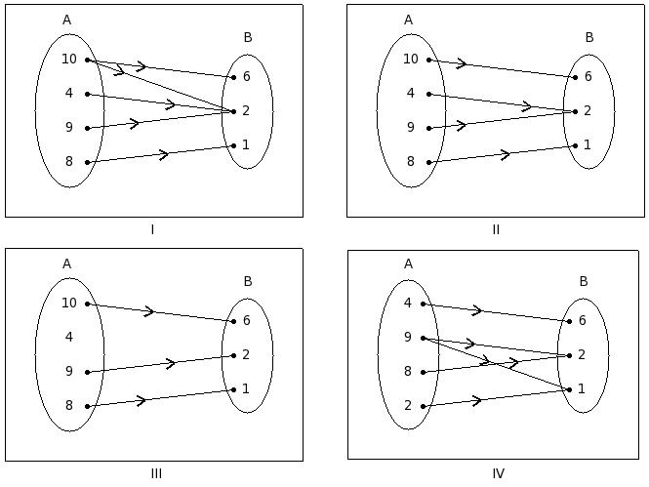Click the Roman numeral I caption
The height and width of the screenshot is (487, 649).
tap(152, 230)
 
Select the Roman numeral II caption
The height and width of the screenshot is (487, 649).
tap(496, 230)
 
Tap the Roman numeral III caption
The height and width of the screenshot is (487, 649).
tap(156, 474)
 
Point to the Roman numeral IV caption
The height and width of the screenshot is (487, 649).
tap(498, 474)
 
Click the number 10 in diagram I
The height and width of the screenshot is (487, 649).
tap(68, 60)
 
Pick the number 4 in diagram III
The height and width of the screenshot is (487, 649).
tap(68, 337)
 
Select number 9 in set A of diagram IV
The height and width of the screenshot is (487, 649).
tap(407, 338)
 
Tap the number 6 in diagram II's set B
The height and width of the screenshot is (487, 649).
tap(588, 76)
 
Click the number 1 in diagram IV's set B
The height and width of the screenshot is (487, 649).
tap(582, 388)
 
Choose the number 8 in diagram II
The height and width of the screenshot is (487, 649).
tap(410, 162)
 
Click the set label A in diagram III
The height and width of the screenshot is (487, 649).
tap(66, 264)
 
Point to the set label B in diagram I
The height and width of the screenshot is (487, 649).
tap(247, 38)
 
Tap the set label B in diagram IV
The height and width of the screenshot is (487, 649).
tap(584, 282)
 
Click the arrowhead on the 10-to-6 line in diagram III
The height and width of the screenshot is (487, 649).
tap(150, 311)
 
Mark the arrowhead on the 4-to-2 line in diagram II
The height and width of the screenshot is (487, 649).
tap(527, 105)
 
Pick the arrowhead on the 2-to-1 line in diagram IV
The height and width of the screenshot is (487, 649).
tap(477, 400)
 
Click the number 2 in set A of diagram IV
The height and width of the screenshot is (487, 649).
tap(407, 406)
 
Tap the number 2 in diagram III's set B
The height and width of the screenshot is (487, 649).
tap(246, 354)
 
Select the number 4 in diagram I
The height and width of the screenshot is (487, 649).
tap(68, 94)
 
